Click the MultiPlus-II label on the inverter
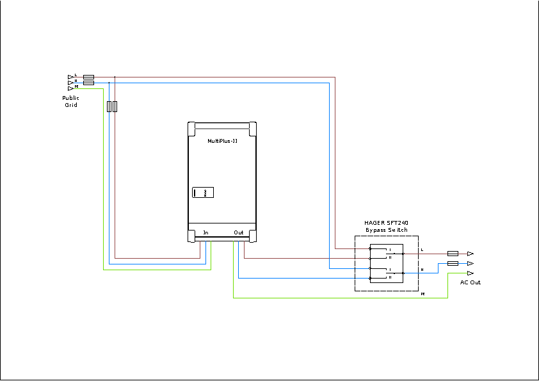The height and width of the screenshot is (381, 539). pyautogui.click(x=222, y=141)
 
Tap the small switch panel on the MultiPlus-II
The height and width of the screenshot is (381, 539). pyautogui.click(x=203, y=192)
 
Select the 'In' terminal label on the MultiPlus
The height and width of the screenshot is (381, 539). pyautogui.click(x=205, y=232)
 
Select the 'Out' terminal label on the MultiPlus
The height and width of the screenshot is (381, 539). pyautogui.click(x=238, y=232)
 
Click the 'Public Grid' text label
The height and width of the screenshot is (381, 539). pyautogui.click(x=70, y=101)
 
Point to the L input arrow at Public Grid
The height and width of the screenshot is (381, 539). pyautogui.click(x=70, y=77)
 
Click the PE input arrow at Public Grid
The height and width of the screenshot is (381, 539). pyautogui.click(x=70, y=88)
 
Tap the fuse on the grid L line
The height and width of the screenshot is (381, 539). pyautogui.click(x=89, y=77)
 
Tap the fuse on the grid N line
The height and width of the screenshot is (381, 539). pyautogui.click(x=89, y=82)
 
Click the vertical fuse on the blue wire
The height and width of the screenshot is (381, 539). pyautogui.click(x=109, y=106)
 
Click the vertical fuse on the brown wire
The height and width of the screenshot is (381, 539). pyautogui.click(x=115, y=106)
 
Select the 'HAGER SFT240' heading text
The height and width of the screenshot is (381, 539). pyautogui.click(x=386, y=223)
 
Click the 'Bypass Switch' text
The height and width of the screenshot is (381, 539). pyautogui.click(x=386, y=229)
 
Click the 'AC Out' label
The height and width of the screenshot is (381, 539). pyautogui.click(x=470, y=282)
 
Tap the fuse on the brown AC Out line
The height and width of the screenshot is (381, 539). pyautogui.click(x=453, y=254)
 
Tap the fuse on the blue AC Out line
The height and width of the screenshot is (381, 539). pyautogui.click(x=453, y=263)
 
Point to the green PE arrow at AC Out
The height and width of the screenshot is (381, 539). pyautogui.click(x=470, y=273)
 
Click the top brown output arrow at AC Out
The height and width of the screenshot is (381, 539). pyautogui.click(x=470, y=254)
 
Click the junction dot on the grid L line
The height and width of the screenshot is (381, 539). pyautogui.click(x=115, y=77)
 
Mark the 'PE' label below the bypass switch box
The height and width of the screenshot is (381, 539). pyautogui.click(x=423, y=294)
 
